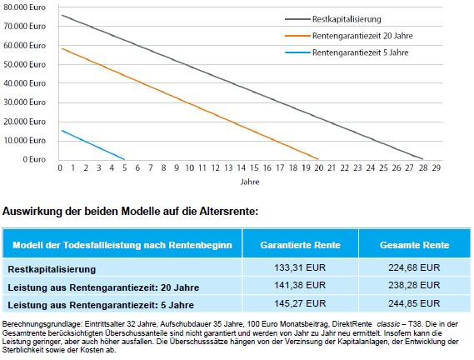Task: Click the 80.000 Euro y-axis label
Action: tap(24, 7)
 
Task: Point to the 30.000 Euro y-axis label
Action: tap(24, 102)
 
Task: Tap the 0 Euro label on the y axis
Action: tap(34, 159)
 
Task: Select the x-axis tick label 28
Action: tap(423, 167)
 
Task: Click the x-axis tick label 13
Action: tap(228, 167)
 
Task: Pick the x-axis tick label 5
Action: tap(125, 167)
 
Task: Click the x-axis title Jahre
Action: tap(250, 182)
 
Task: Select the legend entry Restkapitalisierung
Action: tap(347, 19)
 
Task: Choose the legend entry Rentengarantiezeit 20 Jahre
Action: tap(362, 36)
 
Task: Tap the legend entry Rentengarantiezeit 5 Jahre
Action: tap(361, 52)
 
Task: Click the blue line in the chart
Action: tap(93, 145)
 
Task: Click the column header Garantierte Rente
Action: tap(300, 245)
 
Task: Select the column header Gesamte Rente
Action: tap(415, 245)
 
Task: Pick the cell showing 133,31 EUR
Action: tap(300, 267)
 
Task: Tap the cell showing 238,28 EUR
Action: tap(414, 285)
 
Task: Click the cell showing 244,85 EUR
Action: tap(414, 303)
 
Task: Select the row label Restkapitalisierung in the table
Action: tap(52, 269)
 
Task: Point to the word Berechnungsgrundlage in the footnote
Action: tap(42, 324)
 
